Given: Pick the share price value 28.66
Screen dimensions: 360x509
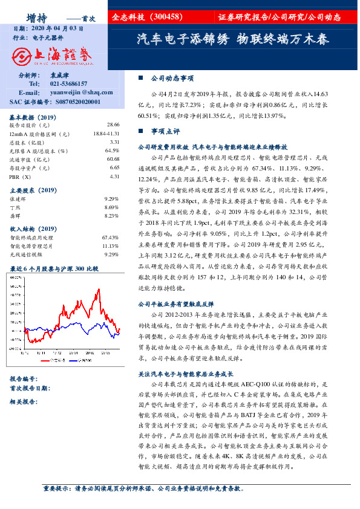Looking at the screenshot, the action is (114, 123).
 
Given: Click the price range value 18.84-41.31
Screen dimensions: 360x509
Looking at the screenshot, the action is (106, 132).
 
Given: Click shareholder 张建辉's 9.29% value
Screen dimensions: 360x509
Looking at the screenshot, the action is (111, 198).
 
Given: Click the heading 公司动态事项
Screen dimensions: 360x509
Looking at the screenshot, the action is (172, 78).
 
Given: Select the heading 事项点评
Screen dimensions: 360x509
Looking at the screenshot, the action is (165, 131).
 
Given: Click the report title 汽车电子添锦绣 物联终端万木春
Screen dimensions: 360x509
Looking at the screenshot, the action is (232, 40).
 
